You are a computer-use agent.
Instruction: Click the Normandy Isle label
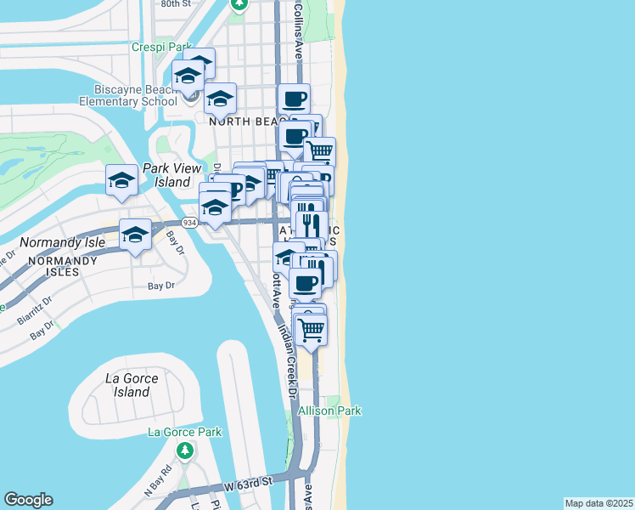pyautogui.click(x=53, y=241)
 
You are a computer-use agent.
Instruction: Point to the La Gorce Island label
pyautogui.click(x=126, y=385)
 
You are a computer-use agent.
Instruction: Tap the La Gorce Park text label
pyautogui.click(x=184, y=432)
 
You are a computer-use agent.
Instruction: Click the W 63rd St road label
pyautogui.click(x=246, y=482)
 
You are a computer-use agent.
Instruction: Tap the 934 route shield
pyautogui.click(x=189, y=223)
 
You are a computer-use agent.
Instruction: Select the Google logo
pyautogui.click(x=28, y=500)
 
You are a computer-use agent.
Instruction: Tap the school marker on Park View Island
pyautogui.click(x=122, y=180)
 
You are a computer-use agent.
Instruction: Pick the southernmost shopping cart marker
pyautogui.click(x=312, y=330)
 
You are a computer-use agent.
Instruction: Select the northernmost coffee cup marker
pyautogui.click(x=294, y=99)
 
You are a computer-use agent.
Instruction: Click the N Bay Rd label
pyautogui.click(x=159, y=481)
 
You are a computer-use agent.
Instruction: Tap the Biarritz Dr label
pyautogui.click(x=36, y=309)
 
